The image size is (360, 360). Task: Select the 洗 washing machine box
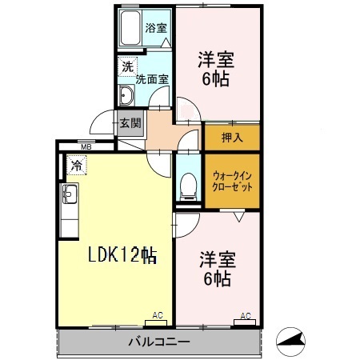click(126, 69)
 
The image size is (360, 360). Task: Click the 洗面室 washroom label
click(151, 79)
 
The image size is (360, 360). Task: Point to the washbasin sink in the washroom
click(126, 96)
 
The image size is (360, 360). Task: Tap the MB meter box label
click(84, 147)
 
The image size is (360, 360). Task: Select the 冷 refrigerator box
click(76, 166)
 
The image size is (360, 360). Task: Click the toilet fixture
click(187, 184)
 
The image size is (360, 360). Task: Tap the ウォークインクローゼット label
click(232, 181)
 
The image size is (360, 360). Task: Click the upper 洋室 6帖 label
click(215, 67)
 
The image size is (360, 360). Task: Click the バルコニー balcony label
click(158, 343)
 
